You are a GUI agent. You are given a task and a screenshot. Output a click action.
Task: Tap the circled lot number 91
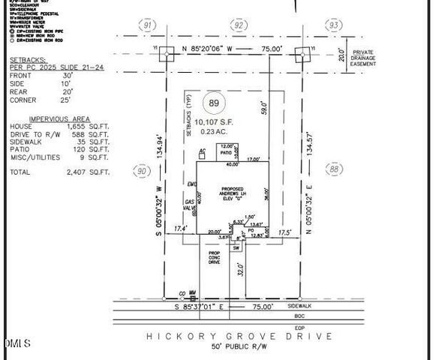click(148, 25)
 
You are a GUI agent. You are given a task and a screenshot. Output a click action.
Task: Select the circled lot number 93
click(333, 25)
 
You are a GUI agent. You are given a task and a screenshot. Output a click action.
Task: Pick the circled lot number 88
click(335, 169)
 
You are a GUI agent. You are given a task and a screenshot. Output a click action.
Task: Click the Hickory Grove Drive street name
click(239, 336)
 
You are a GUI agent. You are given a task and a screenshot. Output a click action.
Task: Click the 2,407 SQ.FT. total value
click(84, 172)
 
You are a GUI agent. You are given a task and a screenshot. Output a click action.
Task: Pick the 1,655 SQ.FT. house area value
click(84, 127)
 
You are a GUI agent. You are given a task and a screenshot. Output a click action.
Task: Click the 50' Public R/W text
click(238, 347)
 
